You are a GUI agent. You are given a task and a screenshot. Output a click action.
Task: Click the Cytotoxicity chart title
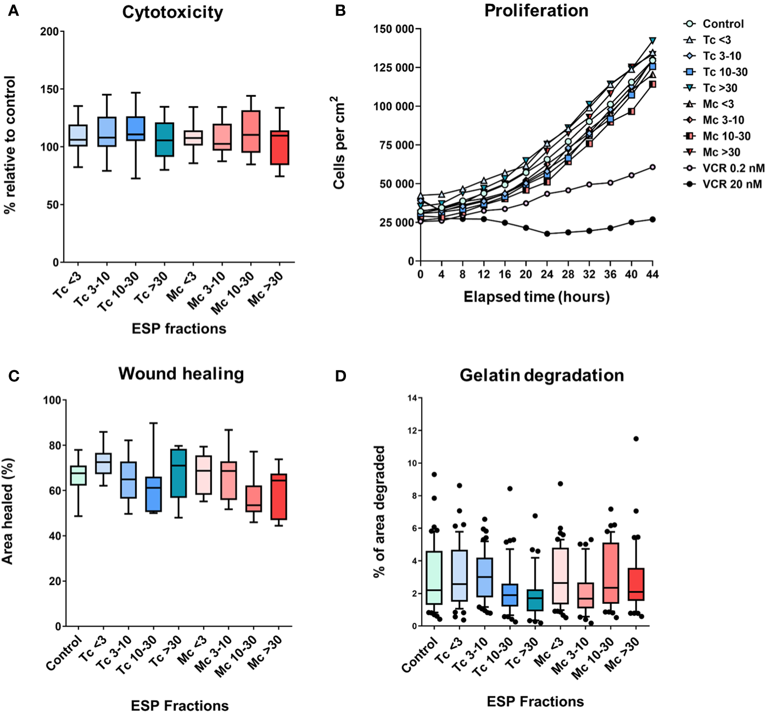pyautogui.click(x=172, y=12)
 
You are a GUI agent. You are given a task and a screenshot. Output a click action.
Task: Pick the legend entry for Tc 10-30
pyautogui.click(x=725, y=72)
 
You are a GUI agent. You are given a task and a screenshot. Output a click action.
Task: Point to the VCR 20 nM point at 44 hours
pyautogui.click(x=652, y=219)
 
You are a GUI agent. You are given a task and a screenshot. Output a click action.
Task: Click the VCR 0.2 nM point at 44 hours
pyautogui.click(x=652, y=167)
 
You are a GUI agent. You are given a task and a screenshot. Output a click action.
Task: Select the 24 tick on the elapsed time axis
pyautogui.click(x=547, y=275)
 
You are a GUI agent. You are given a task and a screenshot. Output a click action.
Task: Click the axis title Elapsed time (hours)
pyautogui.click(x=536, y=297)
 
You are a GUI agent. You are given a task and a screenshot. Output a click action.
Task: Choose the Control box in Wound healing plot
pyautogui.click(x=78, y=475)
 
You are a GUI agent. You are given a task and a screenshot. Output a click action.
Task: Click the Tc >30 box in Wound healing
pyautogui.click(x=178, y=473)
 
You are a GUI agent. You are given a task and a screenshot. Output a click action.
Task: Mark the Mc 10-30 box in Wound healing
pyautogui.click(x=254, y=498)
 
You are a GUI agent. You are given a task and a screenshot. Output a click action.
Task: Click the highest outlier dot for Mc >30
pyautogui.click(x=636, y=439)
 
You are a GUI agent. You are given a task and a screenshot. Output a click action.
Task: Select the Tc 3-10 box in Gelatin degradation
pyautogui.click(x=484, y=577)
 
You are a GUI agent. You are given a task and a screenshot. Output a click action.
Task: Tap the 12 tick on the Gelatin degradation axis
pyautogui.click(x=413, y=431)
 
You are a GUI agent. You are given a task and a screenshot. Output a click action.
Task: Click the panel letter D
pyautogui.click(x=340, y=376)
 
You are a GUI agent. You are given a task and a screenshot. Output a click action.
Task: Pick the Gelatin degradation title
pyautogui.click(x=542, y=375)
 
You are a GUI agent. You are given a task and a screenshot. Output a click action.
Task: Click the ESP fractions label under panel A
pyautogui.click(x=179, y=329)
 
